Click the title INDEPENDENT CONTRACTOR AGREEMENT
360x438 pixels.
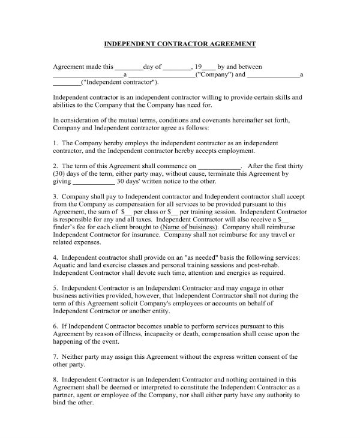[181, 44]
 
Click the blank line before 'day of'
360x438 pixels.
[128, 67]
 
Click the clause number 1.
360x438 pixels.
[55, 143]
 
